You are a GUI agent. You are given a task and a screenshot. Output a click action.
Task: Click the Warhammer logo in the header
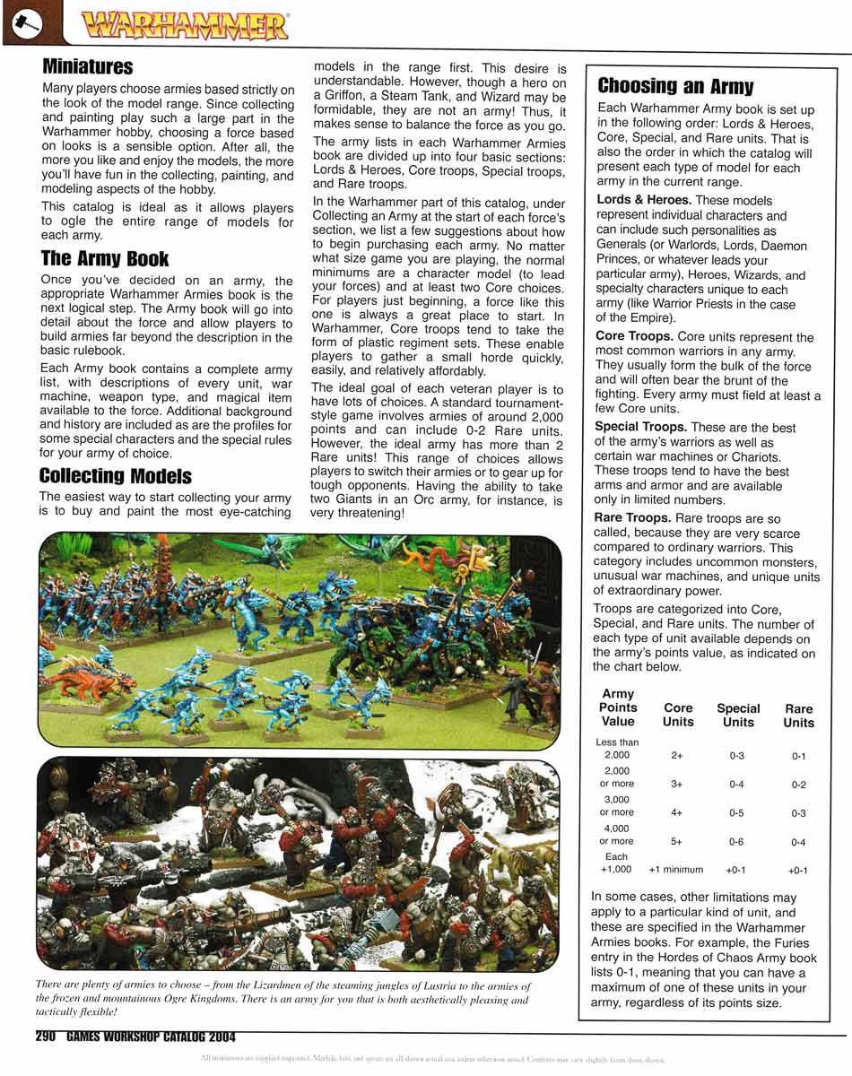click(184, 25)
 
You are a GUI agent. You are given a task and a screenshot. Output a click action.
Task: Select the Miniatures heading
click(87, 67)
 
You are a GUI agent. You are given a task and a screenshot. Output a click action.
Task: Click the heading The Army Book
click(104, 258)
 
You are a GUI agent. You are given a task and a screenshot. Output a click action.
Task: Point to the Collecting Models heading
click(115, 475)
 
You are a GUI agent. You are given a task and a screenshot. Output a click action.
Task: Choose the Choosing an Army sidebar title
click(675, 86)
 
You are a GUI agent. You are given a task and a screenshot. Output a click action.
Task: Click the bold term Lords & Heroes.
click(643, 200)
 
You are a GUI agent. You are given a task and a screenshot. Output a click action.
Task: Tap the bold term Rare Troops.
click(632, 517)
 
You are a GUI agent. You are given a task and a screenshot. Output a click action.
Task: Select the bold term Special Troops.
click(640, 427)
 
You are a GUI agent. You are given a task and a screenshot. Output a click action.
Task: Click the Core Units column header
click(678, 715)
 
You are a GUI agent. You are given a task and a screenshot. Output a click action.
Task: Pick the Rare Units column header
click(798, 716)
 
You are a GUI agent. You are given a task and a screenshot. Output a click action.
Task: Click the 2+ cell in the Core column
click(677, 756)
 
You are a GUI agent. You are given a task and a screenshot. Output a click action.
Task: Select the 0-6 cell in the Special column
click(736, 842)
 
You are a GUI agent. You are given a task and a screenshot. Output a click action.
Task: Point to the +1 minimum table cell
click(676, 870)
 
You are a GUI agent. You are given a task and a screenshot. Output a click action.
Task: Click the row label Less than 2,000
click(617, 749)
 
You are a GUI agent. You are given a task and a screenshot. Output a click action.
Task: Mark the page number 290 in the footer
click(47, 1037)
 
